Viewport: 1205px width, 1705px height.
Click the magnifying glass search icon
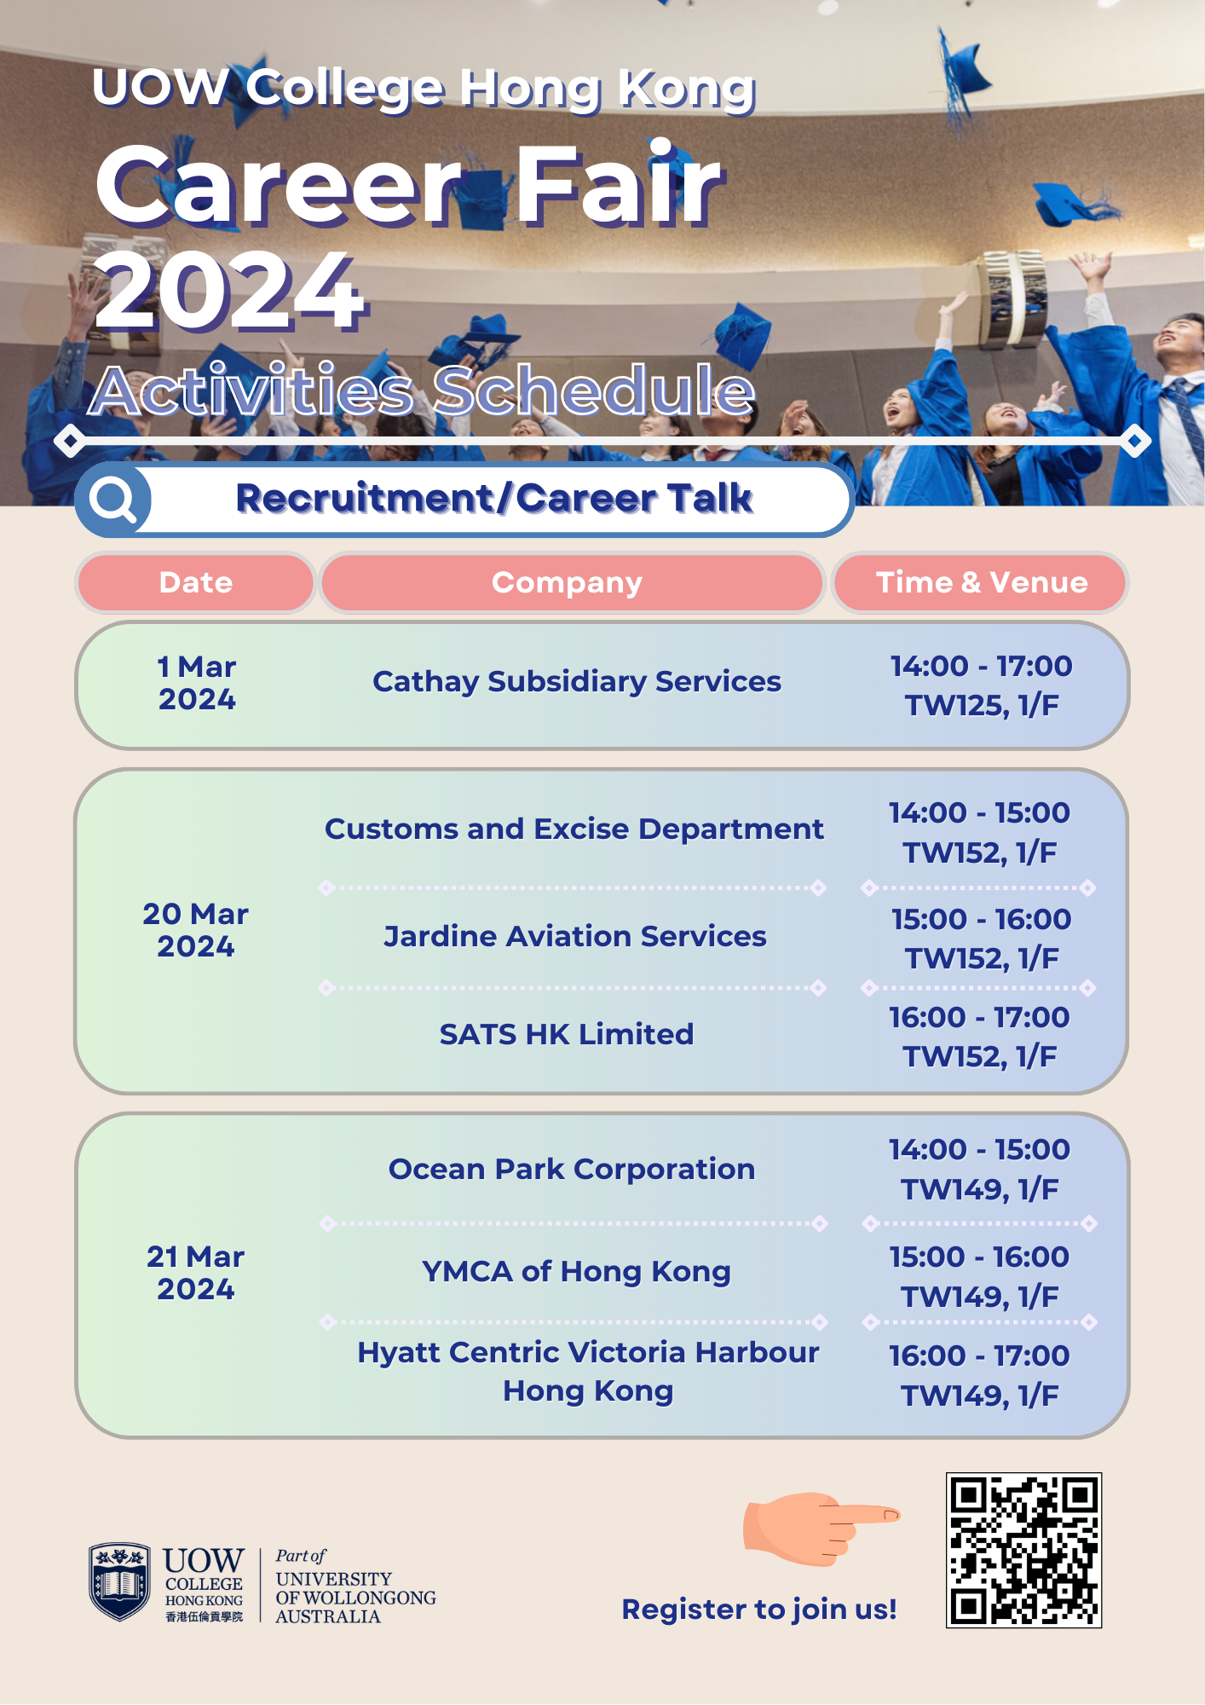[113, 500]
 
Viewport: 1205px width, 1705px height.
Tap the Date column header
[196, 582]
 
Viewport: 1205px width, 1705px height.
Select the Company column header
[567, 582]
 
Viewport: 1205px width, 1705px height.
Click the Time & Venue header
[982, 582]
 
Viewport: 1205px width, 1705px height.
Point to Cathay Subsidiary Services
[577, 682]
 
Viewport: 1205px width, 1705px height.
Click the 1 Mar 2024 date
[197, 683]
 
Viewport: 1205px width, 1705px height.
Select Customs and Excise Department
[574, 829]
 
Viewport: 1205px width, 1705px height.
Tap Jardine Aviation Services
[575, 936]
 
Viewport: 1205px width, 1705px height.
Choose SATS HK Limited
[567, 1034]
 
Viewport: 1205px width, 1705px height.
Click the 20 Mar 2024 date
[195, 930]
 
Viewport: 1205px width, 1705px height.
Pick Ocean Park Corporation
[572, 1169]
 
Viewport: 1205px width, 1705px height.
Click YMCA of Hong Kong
[576, 1271]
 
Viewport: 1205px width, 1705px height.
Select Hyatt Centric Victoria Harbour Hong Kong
[588, 1371]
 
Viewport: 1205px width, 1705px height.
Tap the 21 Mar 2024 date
[195, 1273]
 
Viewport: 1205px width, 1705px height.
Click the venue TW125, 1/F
[982, 706]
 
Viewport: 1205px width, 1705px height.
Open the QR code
[1023, 1550]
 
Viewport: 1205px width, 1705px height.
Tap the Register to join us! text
[758, 1610]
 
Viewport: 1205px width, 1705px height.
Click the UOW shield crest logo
[119, 1581]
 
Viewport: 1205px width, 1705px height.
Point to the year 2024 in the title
[230, 292]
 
